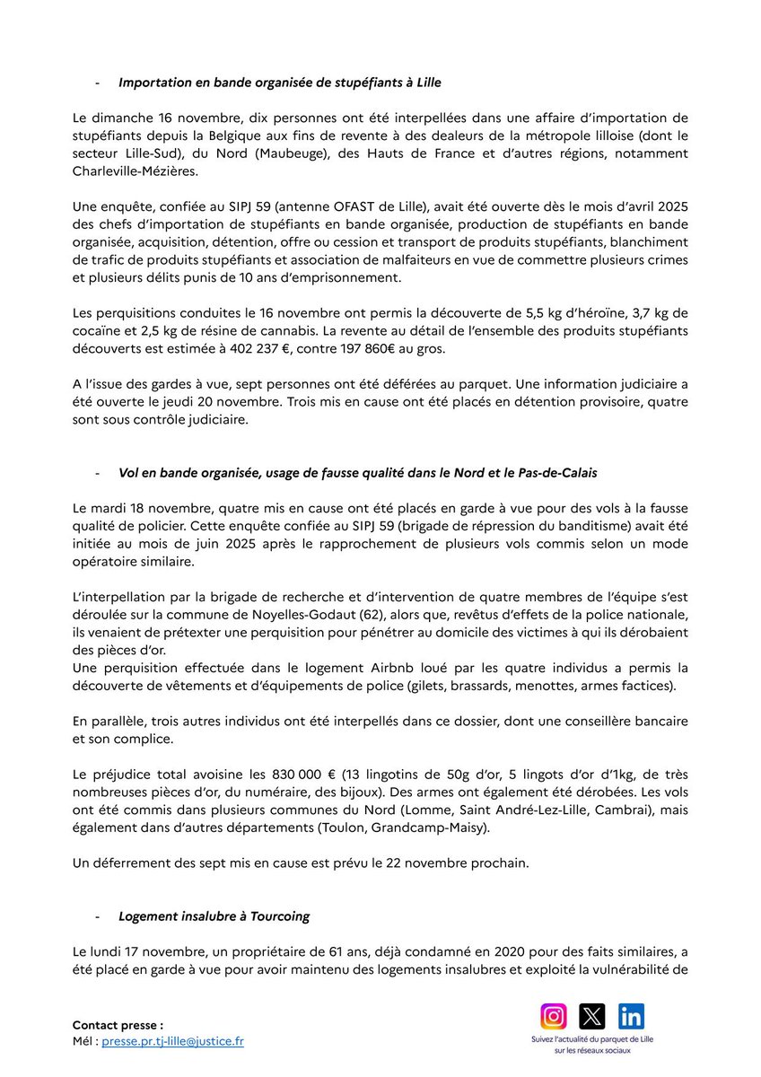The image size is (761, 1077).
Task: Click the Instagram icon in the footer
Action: pos(554,1016)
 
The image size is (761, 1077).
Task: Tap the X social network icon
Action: pos(592,1016)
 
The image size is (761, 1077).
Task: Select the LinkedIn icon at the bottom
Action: pos(631,1016)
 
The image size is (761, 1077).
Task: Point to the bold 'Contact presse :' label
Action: pos(118,1024)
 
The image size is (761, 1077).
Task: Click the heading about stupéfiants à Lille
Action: pos(279,83)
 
